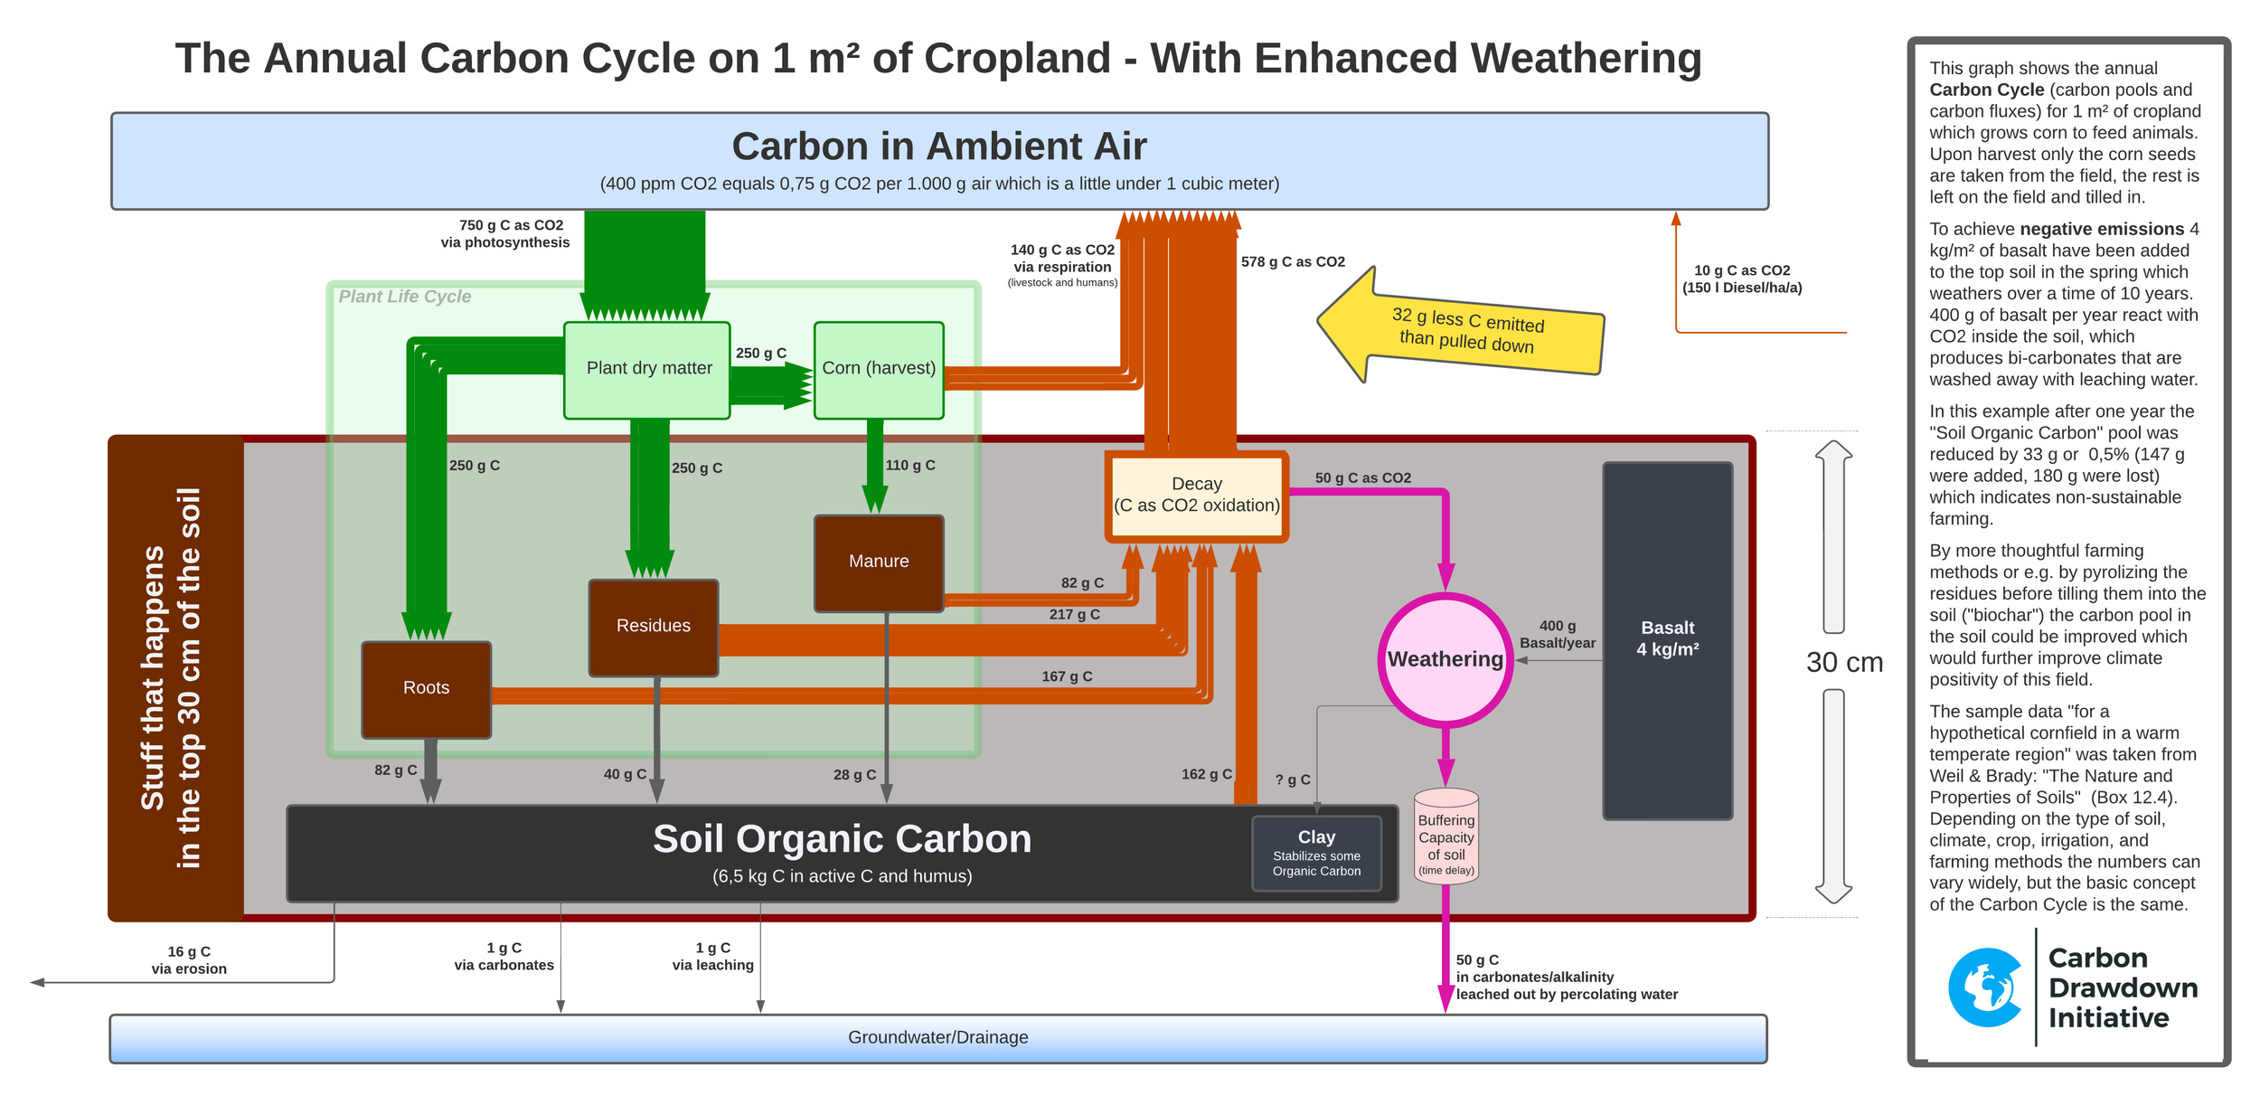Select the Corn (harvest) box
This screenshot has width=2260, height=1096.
(878, 369)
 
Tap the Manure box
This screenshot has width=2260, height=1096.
(878, 562)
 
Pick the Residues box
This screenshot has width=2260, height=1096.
(653, 627)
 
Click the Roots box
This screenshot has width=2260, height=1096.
(426, 688)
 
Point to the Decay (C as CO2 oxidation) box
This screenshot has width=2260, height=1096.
(1196, 496)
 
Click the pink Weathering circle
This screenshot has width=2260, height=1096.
(1445, 659)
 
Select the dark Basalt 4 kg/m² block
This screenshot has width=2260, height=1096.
(1667, 639)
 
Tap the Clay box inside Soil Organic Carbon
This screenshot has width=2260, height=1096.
(1315, 853)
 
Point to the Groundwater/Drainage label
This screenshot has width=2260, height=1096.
(937, 1037)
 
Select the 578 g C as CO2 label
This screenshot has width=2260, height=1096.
(1292, 262)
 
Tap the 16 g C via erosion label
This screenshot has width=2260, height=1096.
(189, 959)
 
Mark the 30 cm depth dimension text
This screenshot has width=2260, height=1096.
(1843, 662)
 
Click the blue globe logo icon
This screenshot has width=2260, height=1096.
(1984, 987)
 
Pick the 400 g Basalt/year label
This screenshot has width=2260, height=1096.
(1557, 634)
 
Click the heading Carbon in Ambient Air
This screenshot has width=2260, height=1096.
(938, 146)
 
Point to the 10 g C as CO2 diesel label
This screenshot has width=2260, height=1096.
(1741, 279)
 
